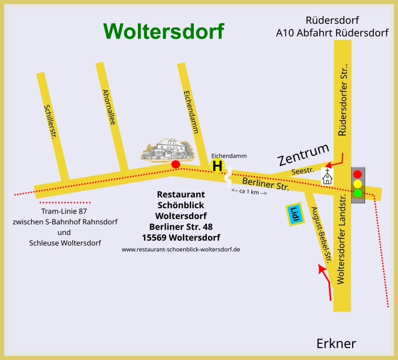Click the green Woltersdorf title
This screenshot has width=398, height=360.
point(164,31)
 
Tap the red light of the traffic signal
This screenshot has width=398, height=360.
point(358,174)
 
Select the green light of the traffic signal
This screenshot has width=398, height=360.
point(358,193)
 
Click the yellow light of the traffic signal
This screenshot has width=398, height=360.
point(358,183)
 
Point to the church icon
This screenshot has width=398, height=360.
point(327,176)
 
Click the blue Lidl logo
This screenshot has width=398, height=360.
point(294,214)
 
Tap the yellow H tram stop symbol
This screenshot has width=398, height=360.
point(217,166)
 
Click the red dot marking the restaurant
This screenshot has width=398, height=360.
point(175,164)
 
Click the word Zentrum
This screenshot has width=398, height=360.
point(303,154)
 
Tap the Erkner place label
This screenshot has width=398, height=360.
point(336,344)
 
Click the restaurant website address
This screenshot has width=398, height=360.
point(180,249)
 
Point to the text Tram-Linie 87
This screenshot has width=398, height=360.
point(64,211)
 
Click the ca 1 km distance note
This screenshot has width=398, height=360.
point(249,192)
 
